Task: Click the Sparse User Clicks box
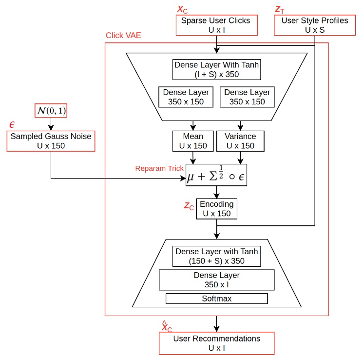pos(215,25)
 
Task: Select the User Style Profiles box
pos(315,25)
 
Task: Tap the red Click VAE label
pos(123,36)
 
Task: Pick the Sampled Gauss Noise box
pos(51,141)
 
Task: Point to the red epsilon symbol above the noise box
pos(12,125)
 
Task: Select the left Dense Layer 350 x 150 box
pos(186,97)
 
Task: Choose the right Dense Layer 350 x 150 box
pos(247,97)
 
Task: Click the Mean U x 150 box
pos(193,141)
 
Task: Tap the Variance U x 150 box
pos(240,141)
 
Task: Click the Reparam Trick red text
pos(159,168)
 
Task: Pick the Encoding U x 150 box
pos(217,209)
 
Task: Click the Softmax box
pos(217,299)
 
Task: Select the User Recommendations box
pos(217,343)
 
